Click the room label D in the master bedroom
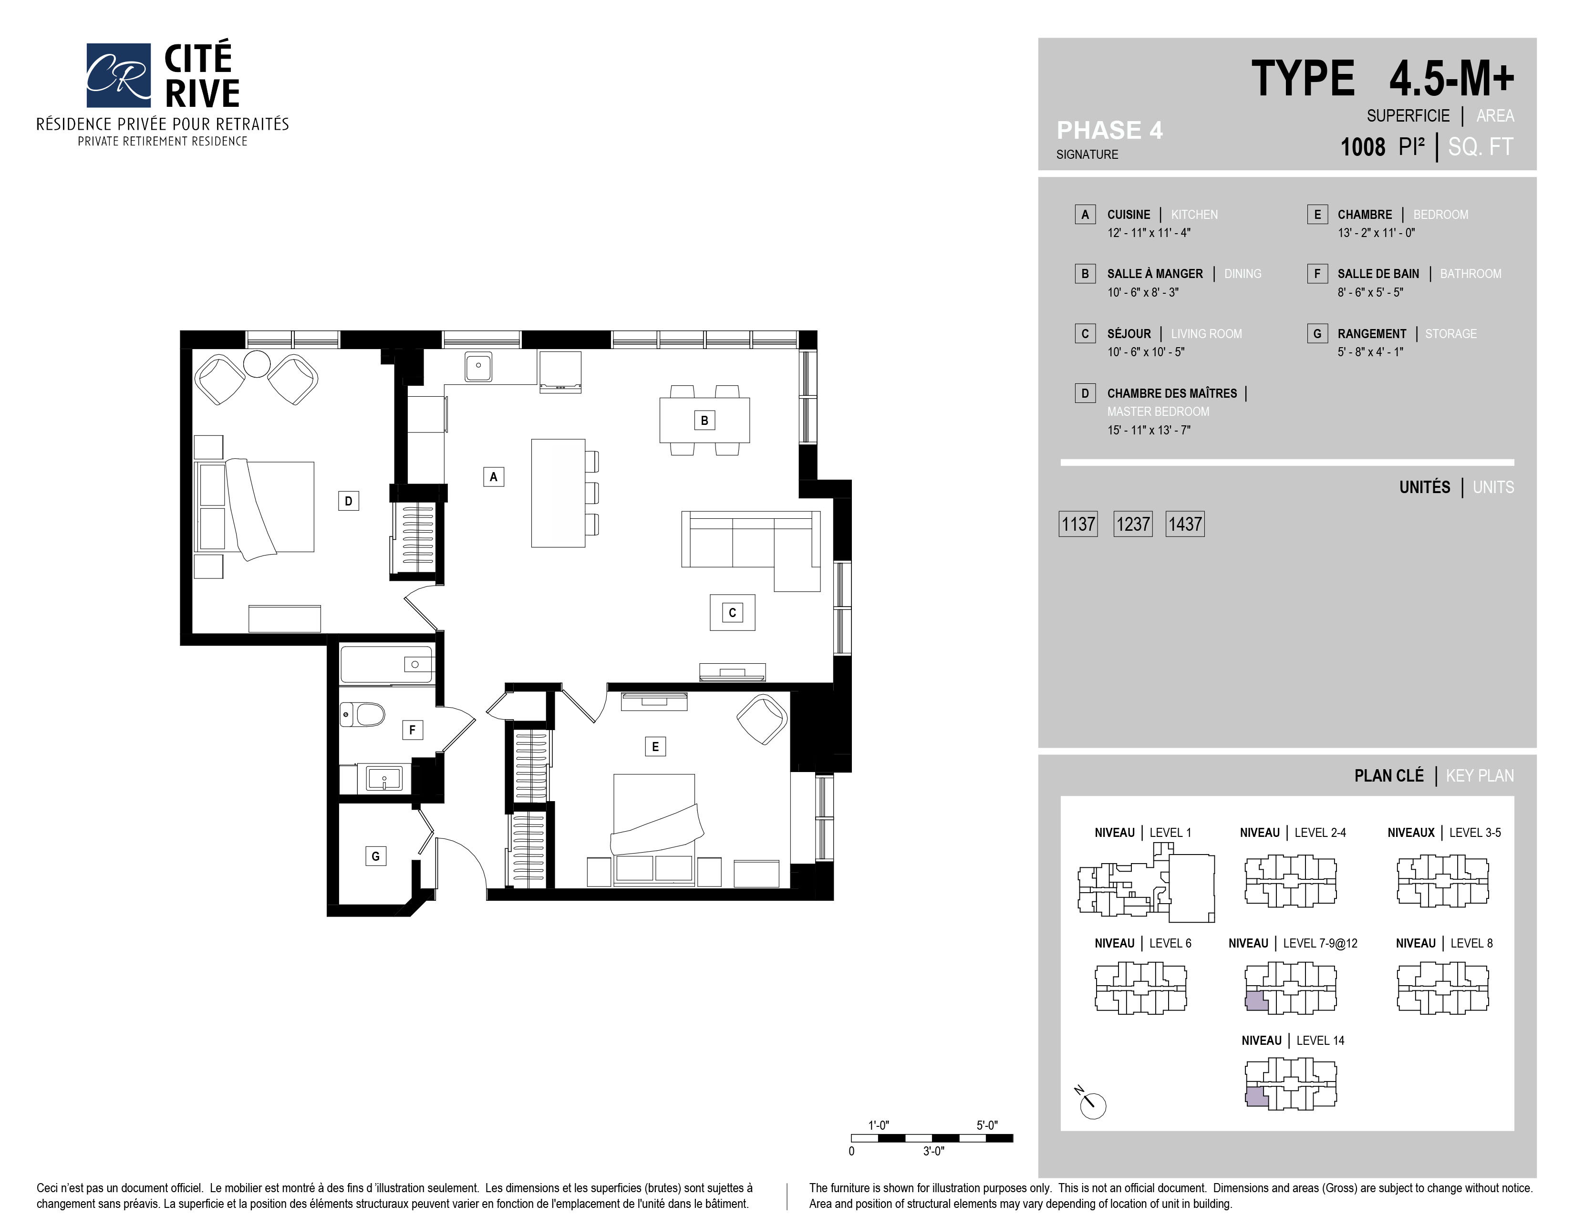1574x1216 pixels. [x=348, y=501]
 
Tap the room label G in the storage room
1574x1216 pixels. [x=375, y=856]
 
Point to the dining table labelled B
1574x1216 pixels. [x=704, y=420]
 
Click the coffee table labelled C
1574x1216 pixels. [x=732, y=612]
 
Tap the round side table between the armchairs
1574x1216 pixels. [x=257, y=364]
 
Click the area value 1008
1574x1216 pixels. [x=1362, y=147]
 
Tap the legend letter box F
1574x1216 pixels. [x=1317, y=274]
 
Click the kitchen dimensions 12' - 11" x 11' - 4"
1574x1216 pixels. [x=1149, y=233]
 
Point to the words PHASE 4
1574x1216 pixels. [x=1109, y=130]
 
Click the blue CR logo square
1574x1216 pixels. [x=118, y=75]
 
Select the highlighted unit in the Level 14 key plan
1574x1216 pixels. [x=1256, y=1097]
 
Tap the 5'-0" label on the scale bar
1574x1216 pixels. [x=987, y=1125]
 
